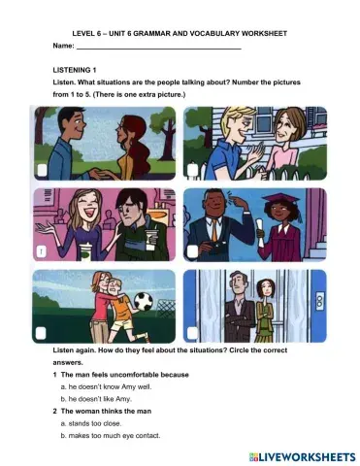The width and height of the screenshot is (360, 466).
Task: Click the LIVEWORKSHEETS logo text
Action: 295,454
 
